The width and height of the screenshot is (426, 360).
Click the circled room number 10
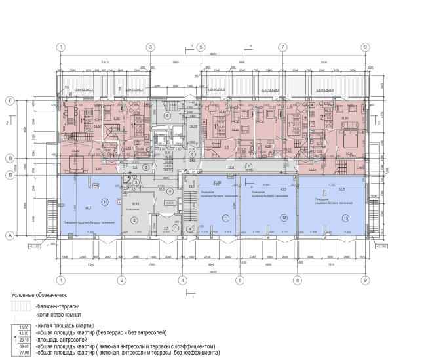[104, 201]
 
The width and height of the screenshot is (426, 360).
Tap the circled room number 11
[225, 217]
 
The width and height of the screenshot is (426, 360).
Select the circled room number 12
[284, 217]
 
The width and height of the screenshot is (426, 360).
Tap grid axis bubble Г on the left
[10, 102]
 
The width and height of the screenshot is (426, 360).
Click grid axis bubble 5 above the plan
[201, 47]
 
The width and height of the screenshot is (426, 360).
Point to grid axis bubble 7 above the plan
[282, 47]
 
